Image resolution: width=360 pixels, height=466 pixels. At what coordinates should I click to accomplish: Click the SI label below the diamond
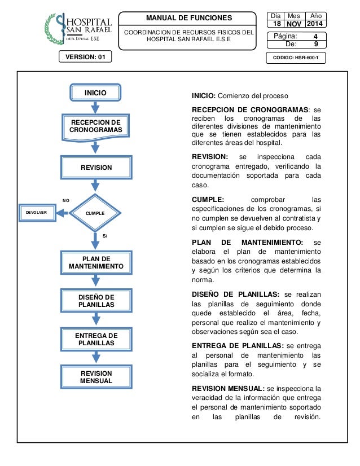click(106, 236)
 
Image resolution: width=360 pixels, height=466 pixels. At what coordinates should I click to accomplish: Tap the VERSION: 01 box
click(86, 57)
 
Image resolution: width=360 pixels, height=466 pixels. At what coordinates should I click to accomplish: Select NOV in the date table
click(294, 25)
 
